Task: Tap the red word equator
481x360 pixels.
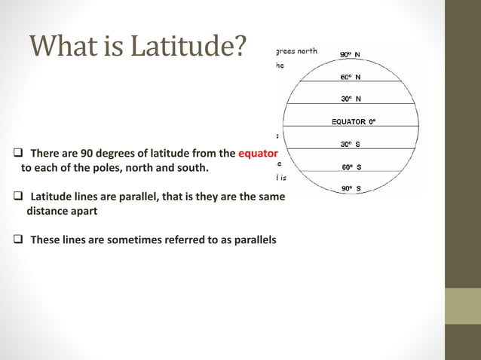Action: (259, 154)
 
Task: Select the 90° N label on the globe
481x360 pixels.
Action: (349, 54)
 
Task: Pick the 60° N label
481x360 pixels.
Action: (349, 76)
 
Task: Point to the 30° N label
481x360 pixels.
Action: (349, 99)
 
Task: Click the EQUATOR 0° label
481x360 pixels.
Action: (354, 121)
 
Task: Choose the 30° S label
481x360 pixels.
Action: (349, 144)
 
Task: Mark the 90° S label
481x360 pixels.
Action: (349, 189)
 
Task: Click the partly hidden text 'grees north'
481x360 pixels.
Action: (296, 52)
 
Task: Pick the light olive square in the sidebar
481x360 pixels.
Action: (463, 306)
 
